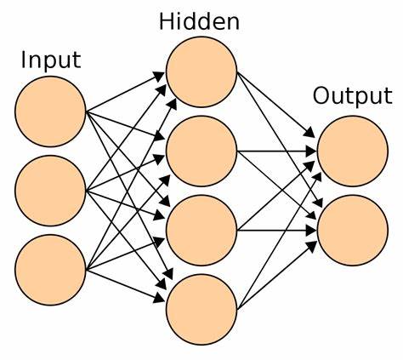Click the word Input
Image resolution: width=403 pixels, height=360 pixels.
click(51, 60)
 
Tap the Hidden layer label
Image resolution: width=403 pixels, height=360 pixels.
click(199, 22)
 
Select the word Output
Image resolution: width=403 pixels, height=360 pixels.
click(353, 96)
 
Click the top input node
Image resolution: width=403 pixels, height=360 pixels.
click(50, 111)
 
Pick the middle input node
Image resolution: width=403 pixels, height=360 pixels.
click(50, 191)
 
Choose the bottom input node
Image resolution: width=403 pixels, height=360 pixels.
click(50, 270)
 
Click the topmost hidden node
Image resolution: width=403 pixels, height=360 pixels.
click(201, 72)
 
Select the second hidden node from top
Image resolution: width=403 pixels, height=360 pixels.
click(201, 151)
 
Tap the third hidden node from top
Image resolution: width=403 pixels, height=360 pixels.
click(201, 231)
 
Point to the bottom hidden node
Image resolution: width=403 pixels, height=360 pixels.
click(201, 310)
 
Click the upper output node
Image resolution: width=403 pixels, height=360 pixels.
click(353, 151)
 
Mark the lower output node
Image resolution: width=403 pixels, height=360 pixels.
click(353, 231)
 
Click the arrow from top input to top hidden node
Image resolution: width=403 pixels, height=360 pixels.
click(125, 92)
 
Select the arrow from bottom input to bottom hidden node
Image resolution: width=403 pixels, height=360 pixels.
click(125, 286)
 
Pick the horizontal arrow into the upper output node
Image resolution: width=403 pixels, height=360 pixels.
click(276, 151)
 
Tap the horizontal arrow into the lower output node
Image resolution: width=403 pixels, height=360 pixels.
click(276, 231)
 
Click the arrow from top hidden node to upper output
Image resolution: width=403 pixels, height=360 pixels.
click(275, 105)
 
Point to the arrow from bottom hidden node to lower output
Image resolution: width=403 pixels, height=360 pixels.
click(276, 276)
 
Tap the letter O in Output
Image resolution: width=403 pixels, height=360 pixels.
click(321, 96)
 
